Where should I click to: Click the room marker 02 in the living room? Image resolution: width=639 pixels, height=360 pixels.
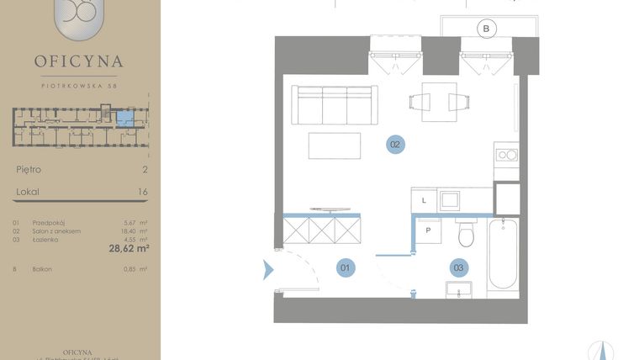tap(396, 145)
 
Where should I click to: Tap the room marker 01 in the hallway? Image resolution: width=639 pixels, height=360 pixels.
tap(346, 268)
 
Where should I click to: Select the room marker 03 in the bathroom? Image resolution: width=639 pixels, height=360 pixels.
tap(458, 268)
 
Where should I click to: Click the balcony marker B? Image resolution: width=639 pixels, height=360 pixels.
tap(485, 29)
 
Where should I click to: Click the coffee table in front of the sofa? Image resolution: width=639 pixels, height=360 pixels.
tap(335, 146)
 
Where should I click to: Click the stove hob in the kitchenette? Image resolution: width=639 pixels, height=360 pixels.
tap(506, 155)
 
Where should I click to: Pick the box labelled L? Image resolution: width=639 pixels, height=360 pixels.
tap(424, 199)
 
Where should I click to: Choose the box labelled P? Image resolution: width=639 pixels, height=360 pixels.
tap(428, 229)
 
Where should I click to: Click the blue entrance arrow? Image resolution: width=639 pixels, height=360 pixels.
tap(269, 270)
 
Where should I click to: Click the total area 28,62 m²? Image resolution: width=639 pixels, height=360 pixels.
tap(129, 248)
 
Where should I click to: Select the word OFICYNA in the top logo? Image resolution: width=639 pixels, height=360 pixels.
tap(79, 61)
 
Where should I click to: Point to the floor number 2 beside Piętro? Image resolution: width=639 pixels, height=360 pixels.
tap(145, 169)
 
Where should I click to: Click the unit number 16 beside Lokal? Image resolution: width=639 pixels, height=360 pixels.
tap(142, 192)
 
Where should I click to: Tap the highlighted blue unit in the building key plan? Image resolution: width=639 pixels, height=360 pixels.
tap(124, 118)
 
